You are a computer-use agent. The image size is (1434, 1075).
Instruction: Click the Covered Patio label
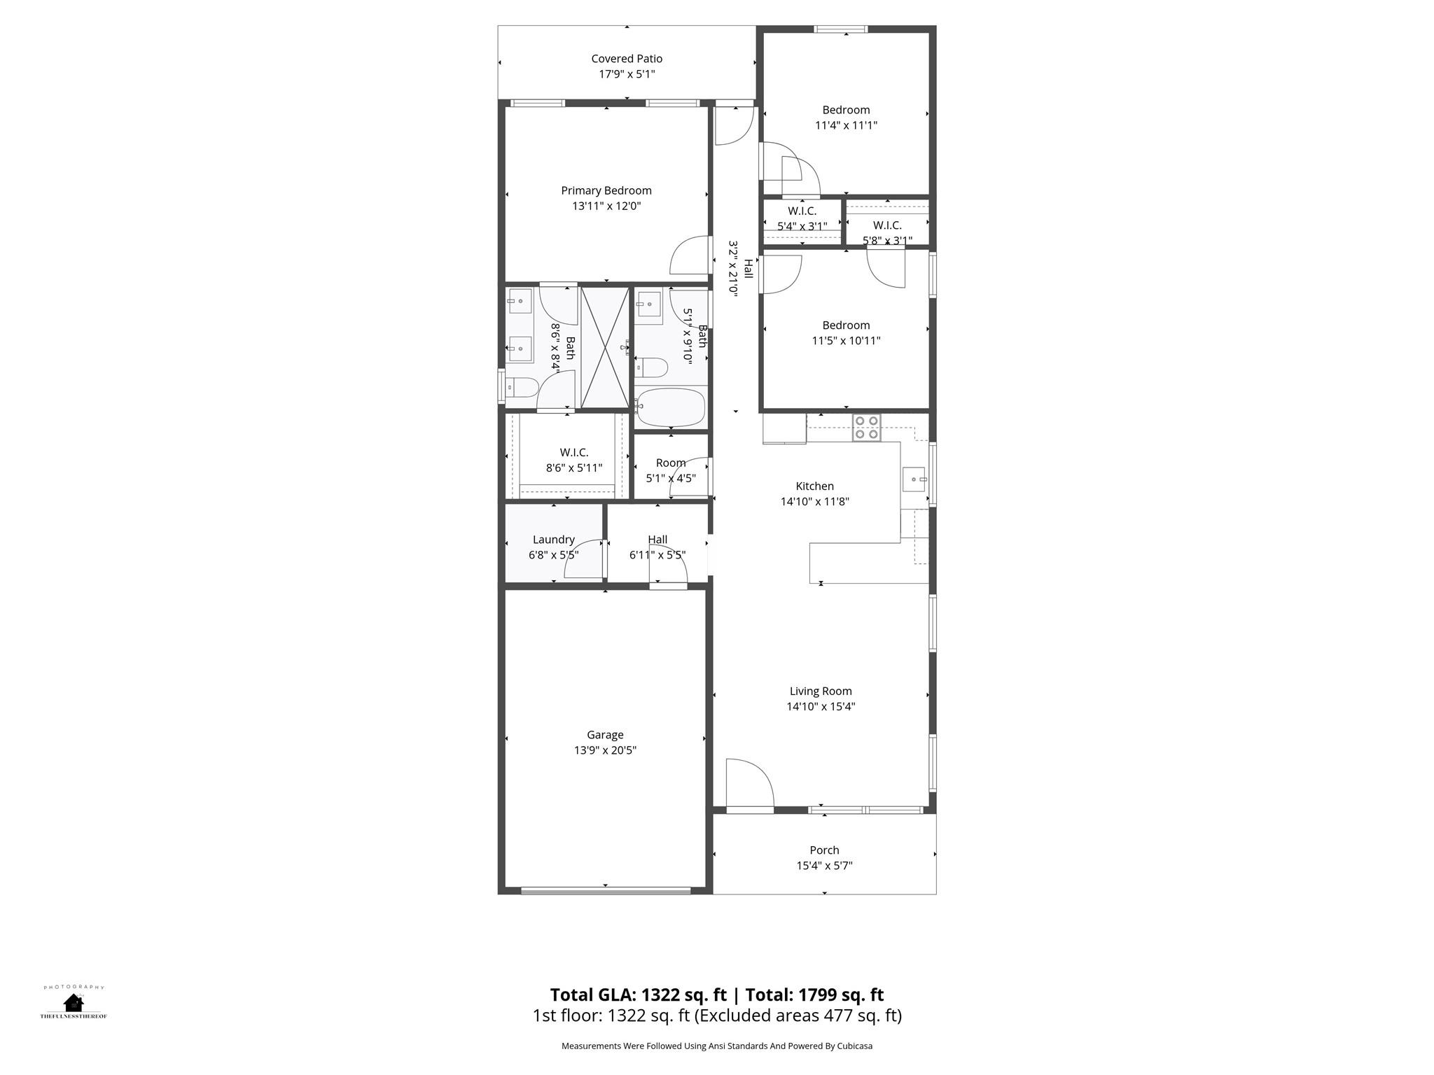pos(626,59)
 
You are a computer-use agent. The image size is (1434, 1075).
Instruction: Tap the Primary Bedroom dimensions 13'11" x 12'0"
pos(606,206)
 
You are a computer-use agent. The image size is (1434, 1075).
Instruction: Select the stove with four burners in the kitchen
pos(866,427)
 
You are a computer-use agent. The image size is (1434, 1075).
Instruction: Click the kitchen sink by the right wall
pos(914,479)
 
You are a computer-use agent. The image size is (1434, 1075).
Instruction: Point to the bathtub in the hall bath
pos(671,407)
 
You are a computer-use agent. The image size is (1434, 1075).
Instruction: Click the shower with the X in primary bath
pos(606,347)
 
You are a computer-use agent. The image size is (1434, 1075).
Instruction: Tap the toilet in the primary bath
pos(521,386)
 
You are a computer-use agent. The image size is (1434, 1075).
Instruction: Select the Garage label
pos(605,734)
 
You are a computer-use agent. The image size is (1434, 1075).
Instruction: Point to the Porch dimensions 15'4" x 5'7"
pos(824,865)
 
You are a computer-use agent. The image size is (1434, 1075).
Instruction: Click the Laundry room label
pos(553,540)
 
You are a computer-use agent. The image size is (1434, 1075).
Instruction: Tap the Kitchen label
pos(814,486)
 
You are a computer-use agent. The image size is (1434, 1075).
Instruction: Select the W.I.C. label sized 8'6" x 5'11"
pos(573,453)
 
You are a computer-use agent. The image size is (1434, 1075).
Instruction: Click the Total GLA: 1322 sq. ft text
pos(638,995)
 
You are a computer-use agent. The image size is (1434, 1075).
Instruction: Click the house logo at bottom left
pos(73,1003)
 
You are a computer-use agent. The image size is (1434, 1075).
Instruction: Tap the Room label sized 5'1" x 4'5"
pos(670,463)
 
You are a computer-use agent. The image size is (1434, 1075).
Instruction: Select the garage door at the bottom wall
pos(606,891)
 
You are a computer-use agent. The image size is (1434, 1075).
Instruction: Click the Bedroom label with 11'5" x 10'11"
pos(846,325)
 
